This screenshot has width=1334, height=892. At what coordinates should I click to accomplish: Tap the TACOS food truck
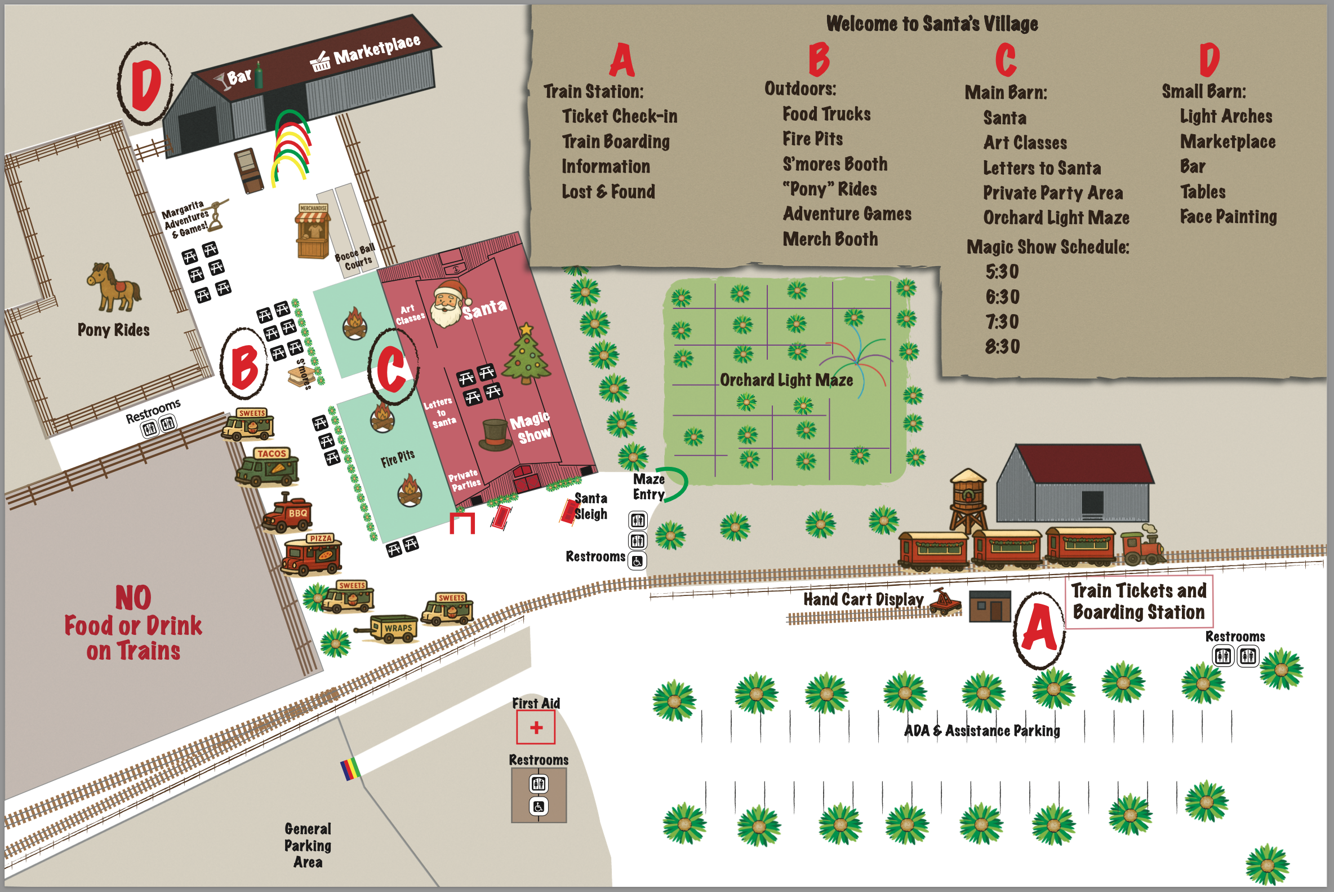[x=268, y=467]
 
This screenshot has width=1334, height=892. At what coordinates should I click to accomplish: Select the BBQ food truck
[x=288, y=514]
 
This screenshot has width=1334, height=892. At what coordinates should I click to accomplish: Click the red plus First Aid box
[x=535, y=727]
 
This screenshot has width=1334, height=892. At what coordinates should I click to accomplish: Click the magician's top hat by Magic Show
[x=494, y=435]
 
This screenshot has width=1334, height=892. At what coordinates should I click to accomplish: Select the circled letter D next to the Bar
[x=145, y=83]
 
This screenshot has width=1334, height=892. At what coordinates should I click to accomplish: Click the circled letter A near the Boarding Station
[x=1039, y=628]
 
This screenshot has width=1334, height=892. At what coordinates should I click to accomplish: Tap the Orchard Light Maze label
[x=786, y=380]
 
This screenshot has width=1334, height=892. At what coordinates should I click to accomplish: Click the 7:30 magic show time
[x=1002, y=322]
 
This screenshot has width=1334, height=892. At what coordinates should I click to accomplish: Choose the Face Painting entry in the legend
[x=1228, y=217]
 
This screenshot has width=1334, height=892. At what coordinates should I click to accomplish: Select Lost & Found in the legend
[x=608, y=192]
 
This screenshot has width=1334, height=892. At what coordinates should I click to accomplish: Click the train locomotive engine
[x=1142, y=546]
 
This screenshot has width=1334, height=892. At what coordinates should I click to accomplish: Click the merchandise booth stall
[x=313, y=232]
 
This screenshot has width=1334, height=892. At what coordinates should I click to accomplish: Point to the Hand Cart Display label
[x=863, y=599]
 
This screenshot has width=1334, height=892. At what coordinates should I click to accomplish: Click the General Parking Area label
[x=308, y=845]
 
